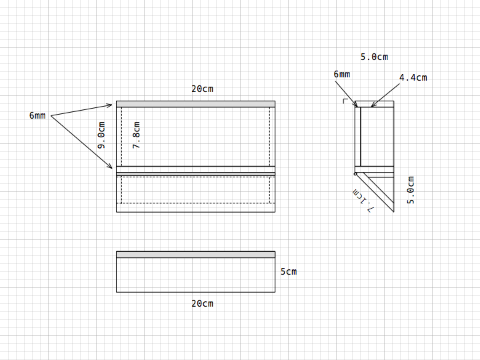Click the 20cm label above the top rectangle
pos(203,89)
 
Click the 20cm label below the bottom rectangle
pos(203,303)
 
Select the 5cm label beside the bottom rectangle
pos(289,271)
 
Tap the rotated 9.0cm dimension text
pos(101,135)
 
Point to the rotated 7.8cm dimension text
pos(136,135)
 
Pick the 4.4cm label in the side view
pos(413,77)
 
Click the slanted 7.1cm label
pos(363,201)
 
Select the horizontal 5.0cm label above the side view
pos(374,57)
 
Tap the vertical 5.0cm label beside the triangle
pos(411,190)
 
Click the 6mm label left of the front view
pos(37,115)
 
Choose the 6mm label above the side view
pos(341,74)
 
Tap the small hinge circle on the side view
pos(355,174)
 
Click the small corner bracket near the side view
pos(345,101)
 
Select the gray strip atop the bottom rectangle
pos(195,255)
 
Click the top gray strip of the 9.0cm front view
pos(195,104)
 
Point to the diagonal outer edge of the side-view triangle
pos(375,193)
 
